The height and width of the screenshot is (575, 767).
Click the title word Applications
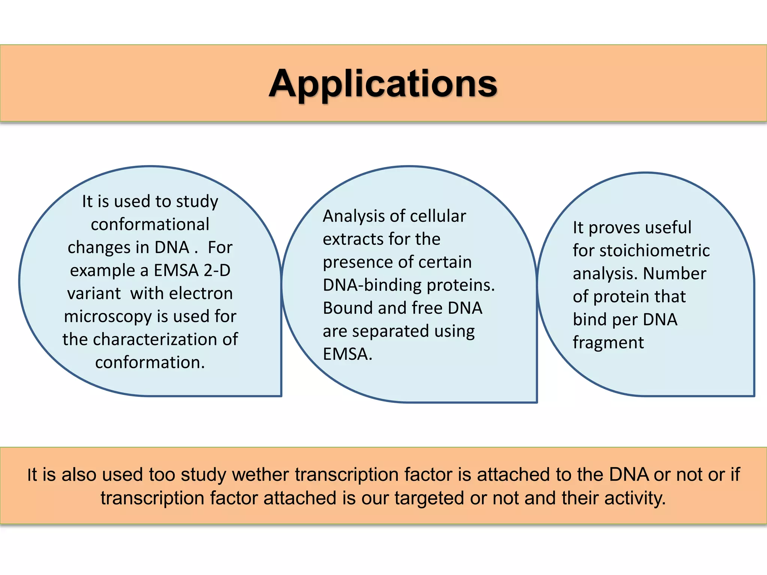(383, 84)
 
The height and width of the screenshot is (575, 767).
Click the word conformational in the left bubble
(150, 225)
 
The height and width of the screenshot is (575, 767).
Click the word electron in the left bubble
(201, 293)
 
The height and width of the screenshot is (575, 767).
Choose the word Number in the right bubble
(674, 274)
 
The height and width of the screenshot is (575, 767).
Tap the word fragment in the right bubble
(608, 343)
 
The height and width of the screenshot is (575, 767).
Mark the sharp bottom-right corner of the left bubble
(281, 395)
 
